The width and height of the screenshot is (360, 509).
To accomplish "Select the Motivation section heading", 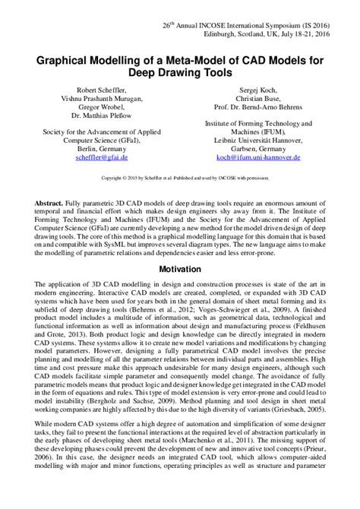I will point(180,248).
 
